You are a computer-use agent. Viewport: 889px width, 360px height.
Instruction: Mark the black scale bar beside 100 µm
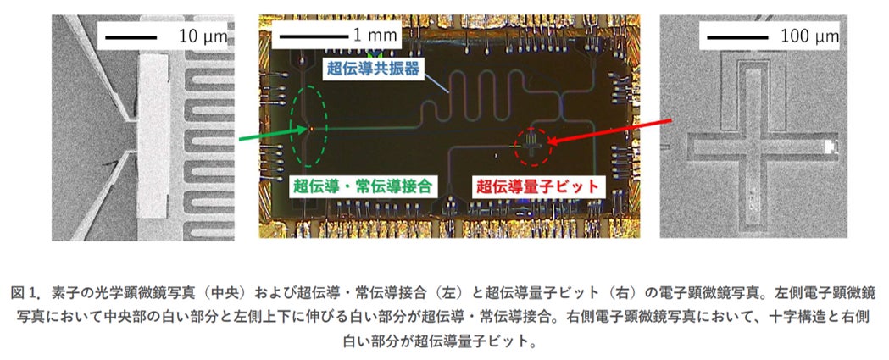pos(736,36)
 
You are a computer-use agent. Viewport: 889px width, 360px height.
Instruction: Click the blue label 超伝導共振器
pos(370,69)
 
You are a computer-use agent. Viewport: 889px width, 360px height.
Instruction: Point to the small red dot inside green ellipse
pos(311,129)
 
